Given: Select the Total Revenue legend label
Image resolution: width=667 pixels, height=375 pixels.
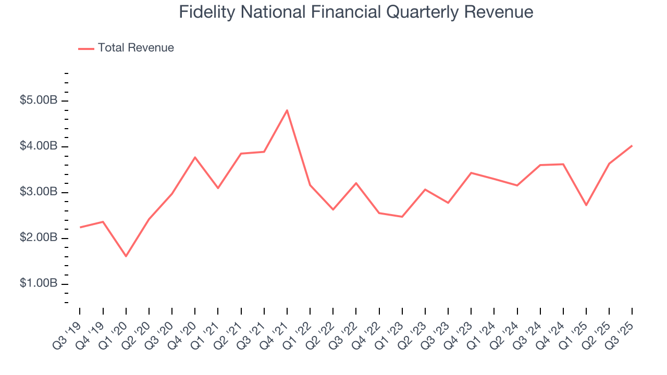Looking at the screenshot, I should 136,48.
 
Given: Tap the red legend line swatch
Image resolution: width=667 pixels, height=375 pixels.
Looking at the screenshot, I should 86,48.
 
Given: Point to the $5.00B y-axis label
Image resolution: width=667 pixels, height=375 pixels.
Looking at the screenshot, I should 39,101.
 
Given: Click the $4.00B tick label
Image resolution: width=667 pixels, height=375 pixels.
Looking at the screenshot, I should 39,146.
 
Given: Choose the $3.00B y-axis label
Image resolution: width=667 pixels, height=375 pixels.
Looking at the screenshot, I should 39,192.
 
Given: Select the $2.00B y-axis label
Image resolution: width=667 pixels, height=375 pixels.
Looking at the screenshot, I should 39,238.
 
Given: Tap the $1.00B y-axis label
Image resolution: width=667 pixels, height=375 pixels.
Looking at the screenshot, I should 39,284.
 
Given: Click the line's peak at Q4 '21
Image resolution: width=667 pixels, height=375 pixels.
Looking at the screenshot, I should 287,110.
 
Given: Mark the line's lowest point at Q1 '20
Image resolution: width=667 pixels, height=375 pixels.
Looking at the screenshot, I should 126,256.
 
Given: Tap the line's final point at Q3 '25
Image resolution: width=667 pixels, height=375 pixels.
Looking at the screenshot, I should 632,146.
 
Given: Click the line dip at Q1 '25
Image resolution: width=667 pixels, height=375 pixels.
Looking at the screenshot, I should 586,205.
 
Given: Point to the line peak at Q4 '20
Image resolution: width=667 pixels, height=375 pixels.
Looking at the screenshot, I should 195,157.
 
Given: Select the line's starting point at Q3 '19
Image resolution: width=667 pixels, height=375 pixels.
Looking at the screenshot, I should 80,227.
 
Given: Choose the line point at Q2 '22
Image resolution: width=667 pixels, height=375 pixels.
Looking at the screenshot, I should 333,209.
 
